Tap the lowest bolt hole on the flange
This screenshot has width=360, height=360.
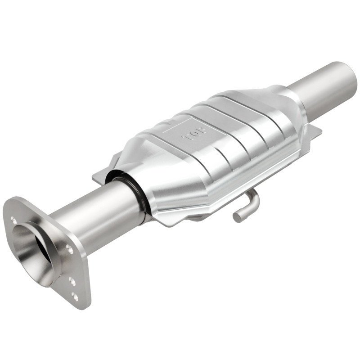coord(75,297)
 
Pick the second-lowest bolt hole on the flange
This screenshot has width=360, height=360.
coord(72,281)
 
